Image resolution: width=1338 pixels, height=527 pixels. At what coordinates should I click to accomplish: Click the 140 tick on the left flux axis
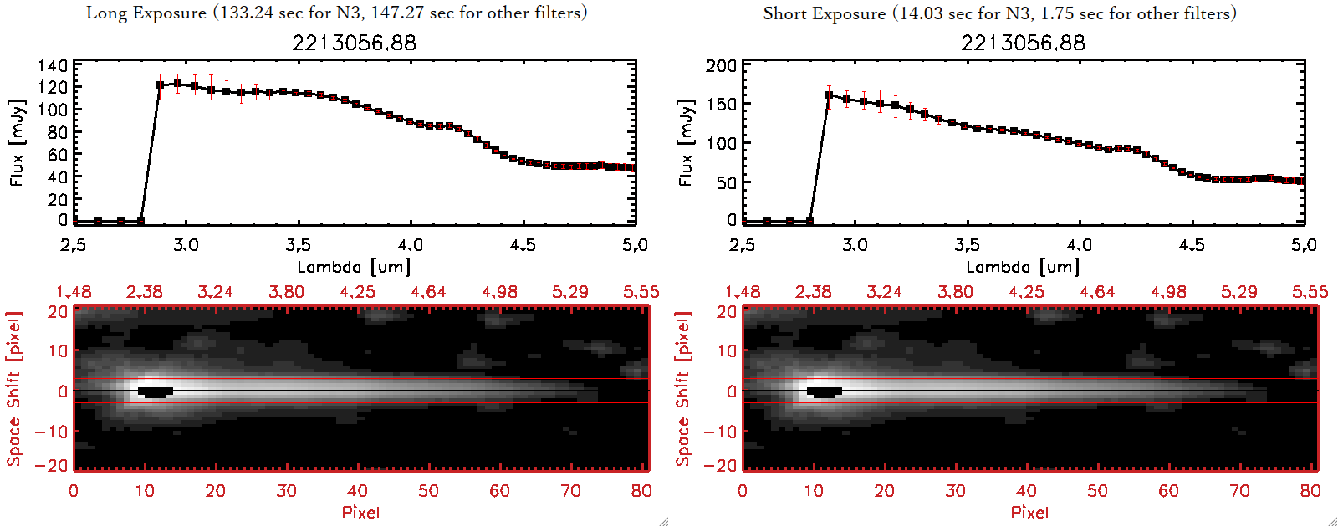pos(53,65)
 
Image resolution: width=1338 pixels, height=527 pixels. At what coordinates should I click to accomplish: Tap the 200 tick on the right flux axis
pos(721,65)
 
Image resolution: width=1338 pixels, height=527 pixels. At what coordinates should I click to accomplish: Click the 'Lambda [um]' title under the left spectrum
pos(354,267)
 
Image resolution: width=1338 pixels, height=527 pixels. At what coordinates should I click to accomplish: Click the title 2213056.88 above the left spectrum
pos(354,43)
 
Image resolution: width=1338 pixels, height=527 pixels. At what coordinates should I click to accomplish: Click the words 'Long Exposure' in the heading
pos(146,13)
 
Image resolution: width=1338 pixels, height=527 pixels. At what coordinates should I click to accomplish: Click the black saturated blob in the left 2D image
pos(155,391)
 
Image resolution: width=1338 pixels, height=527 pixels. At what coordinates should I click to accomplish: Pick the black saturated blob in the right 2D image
pos(824,391)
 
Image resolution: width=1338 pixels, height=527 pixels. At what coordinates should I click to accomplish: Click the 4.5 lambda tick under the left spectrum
pos(523,245)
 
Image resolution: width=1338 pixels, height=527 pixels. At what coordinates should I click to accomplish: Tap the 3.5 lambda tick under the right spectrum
pos(967,245)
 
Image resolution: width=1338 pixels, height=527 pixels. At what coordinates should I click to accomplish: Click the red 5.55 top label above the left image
pos(641,292)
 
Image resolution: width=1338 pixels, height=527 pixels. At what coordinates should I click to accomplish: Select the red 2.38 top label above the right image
pos(813,292)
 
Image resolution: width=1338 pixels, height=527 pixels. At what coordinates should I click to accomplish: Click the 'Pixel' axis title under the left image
pos(360,512)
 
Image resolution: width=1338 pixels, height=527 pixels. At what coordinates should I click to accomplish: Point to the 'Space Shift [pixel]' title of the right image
pos(683,389)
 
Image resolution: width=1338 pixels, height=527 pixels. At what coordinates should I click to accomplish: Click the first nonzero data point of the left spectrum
pos(160,84)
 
